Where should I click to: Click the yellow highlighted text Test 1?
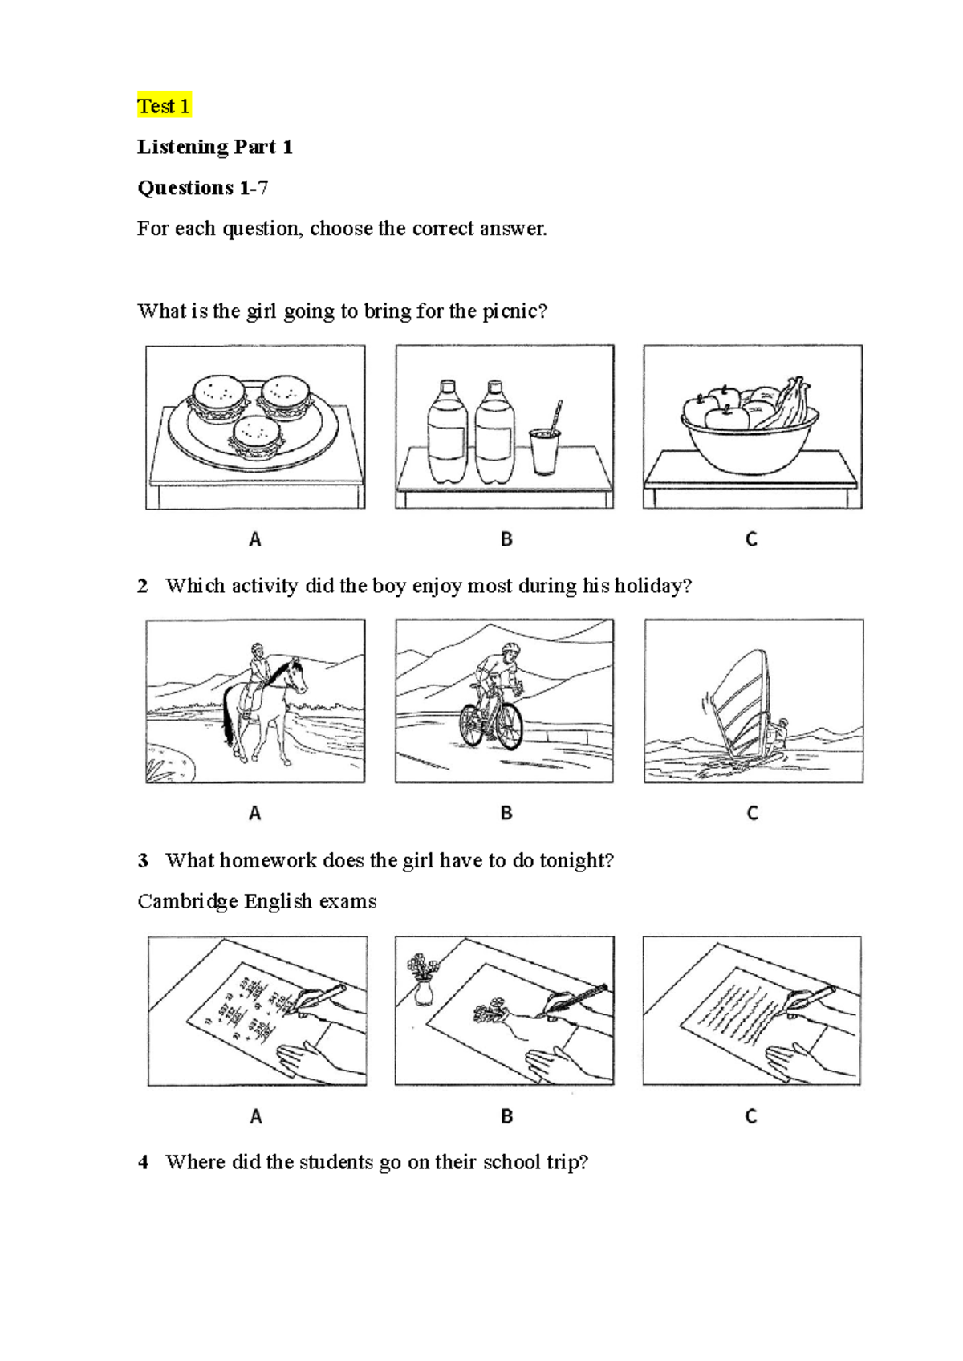(x=164, y=106)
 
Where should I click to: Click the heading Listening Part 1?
(x=214, y=147)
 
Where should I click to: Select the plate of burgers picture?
(x=255, y=427)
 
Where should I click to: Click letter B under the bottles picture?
(x=506, y=539)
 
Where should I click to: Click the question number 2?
(x=143, y=587)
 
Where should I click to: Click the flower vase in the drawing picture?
(x=423, y=982)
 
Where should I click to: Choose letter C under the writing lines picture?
(x=751, y=1116)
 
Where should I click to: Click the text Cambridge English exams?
(x=257, y=902)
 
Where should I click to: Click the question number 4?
(x=143, y=1163)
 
